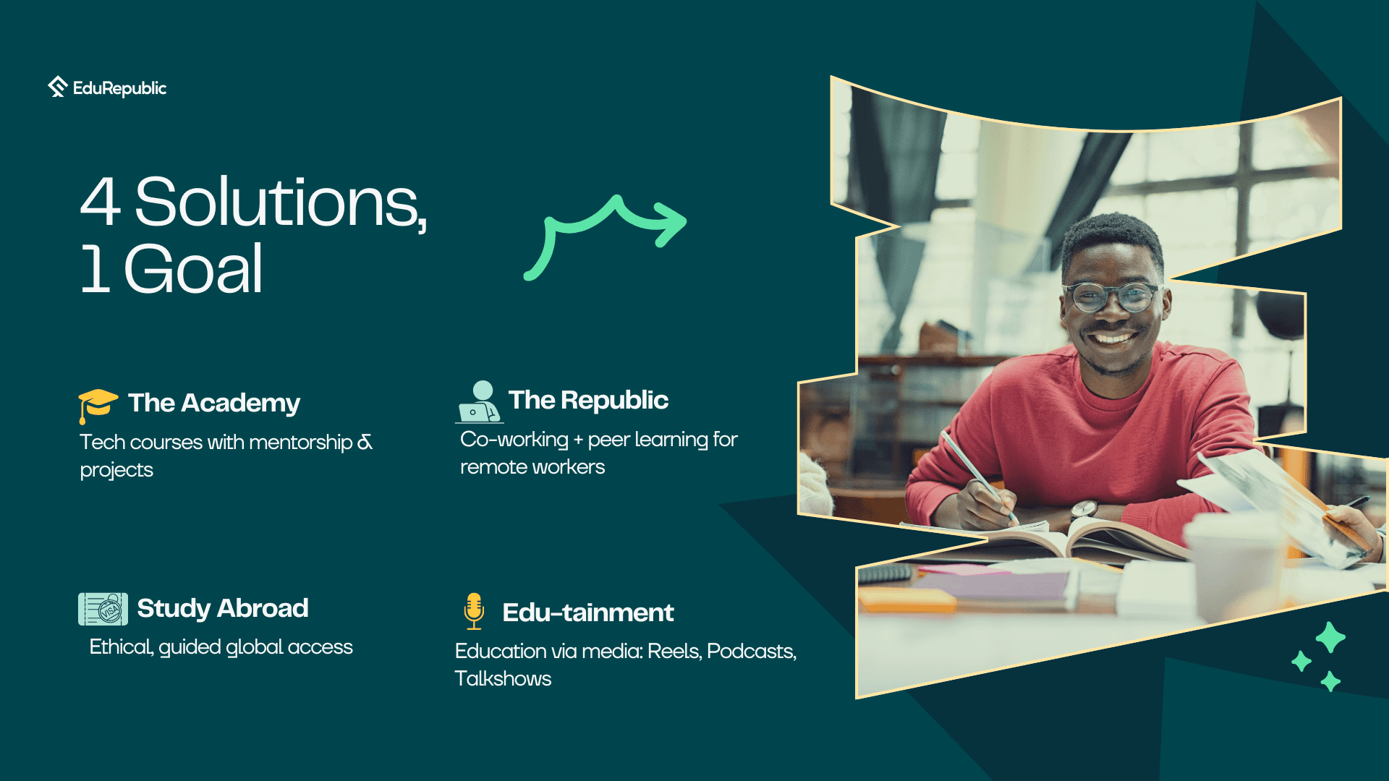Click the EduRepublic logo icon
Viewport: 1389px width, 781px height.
tap(58, 87)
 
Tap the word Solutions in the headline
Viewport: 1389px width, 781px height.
tap(281, 203)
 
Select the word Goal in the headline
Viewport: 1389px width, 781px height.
tap(193, 269)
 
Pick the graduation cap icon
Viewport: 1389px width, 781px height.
tap(98, 406)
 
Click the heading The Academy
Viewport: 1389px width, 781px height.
tap(214, 403)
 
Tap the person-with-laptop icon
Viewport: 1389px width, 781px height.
tap(479, 402)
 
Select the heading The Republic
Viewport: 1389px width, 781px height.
tap(588, 400)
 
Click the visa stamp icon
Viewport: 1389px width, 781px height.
tap(103, 609)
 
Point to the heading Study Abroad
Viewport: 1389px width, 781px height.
tap(223, 608)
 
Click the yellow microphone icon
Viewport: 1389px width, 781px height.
tap(474, 612)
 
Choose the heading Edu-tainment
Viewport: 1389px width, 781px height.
tap(588, 613)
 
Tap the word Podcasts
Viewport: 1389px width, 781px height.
tap(752, 652)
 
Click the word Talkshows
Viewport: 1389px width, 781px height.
tap(503, 679)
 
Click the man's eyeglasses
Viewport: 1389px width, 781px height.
tap(1112, 296)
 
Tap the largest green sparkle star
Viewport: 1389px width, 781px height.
tap(1330, 638)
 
